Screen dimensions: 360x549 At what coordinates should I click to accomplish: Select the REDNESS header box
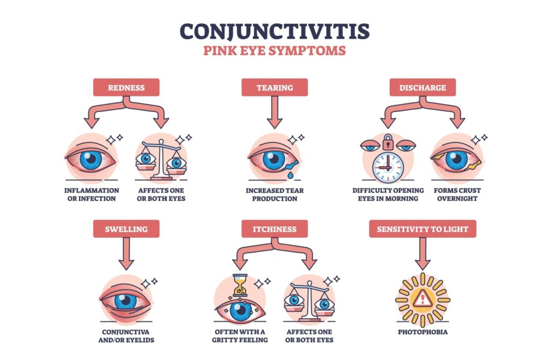pyautogui.click(x=126, y=87)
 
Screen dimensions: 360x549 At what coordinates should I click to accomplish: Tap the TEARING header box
pyautogui.click(x=274, y=87)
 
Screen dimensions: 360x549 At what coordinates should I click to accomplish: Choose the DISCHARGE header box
pyautogui.click(x=422, y=87)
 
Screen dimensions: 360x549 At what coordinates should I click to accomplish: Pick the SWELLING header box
pyautogui.click(x=126, y=229)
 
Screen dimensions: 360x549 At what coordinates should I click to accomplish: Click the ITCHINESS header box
pyautogui.click(x=274, y=229)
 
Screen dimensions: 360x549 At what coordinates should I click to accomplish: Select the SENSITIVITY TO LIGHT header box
pyautogui.click(x=422, y=229)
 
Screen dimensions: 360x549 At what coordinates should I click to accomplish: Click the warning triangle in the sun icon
pyautogui.click(x=422, y=299)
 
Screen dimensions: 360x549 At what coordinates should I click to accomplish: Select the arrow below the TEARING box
pyautogui.click(x=274, y=112)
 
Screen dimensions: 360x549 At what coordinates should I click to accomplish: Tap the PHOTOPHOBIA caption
pyautogui.click(x=422, y=332)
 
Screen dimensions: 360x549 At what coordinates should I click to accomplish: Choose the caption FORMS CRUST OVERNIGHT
pyautogui.click(x=457, y=194)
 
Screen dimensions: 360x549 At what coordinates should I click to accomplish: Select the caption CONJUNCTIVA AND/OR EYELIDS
pyautogui.click(x=126, y=336)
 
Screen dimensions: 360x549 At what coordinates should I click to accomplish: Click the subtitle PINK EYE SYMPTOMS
pyautogui.click(x=274, y=51)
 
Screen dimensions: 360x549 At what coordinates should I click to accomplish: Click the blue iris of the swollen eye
pyautogui.click(x=126, y=301)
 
